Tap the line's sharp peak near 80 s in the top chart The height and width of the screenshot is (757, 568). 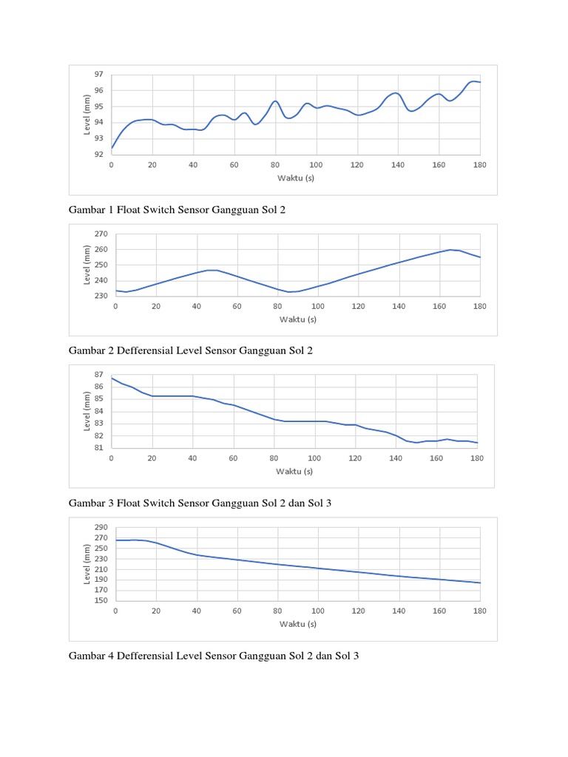pos(275,101)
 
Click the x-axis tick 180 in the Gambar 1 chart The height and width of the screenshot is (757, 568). pos(480,164)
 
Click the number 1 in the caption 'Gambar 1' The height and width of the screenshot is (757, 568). pos(112,210)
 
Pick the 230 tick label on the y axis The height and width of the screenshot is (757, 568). pos(101,296)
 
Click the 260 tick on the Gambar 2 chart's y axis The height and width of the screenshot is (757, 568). pos(101,249)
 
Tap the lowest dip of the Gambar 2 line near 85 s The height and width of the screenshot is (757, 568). pos(290,292)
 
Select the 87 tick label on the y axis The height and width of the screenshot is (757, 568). pos(99,375)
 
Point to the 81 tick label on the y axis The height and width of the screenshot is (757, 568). pos(99,447)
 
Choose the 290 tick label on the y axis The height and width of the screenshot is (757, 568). pos(101,527)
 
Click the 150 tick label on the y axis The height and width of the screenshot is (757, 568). pos(101,600)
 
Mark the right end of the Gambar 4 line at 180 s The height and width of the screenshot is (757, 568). pos(481,583)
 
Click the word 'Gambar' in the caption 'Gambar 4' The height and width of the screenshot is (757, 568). pos(87,655)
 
